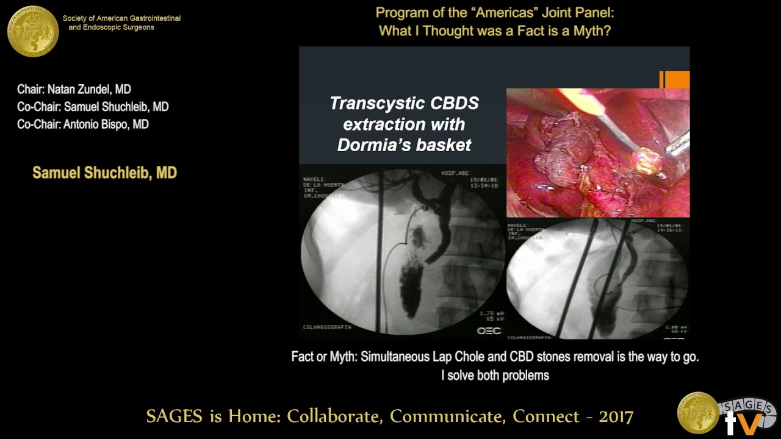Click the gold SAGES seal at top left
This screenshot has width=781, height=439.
(33, 31)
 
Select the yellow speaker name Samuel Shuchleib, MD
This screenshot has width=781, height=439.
(104, 173)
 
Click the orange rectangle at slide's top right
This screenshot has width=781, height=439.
(676, 80)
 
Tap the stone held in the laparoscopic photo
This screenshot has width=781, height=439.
(646, 161)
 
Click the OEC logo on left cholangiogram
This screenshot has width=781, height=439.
(489, 330)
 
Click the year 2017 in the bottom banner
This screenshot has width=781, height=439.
(615, 416)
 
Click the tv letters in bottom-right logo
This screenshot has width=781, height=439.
(743, 423)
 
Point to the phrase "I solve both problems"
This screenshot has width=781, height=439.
(495, 376)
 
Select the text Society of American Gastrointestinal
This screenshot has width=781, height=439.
(121, 18)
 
